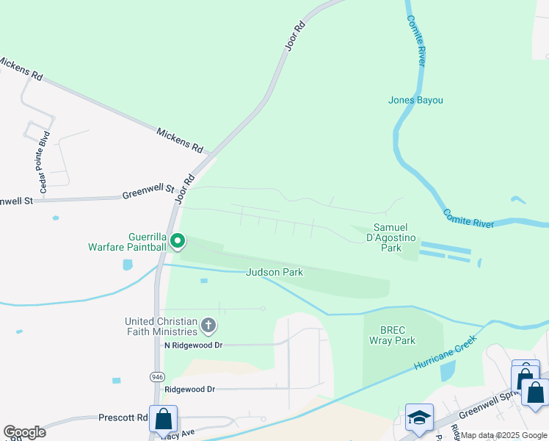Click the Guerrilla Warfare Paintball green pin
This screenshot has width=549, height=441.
[x=177, y=240]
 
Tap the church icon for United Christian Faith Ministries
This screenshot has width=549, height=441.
[x=208, y=325]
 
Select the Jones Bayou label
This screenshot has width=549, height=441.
[x=416, y=100]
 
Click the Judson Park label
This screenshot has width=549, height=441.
[x=274, y=272]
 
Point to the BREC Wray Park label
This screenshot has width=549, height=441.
[x=398, y=335]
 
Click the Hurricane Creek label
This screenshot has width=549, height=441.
[x=444, y=354]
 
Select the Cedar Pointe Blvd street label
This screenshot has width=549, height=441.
[x=45, y=162]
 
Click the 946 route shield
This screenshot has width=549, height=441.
[x=157, y=376]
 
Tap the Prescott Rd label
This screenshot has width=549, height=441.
[x=123, y=417]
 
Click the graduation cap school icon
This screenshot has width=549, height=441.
[x=419, y=417]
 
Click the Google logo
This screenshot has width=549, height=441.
[x=24, y=432]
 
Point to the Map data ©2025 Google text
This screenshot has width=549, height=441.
[x=503, y=435]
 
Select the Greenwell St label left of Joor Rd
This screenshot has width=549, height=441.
[x=142, y=195]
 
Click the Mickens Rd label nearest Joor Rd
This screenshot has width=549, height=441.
[x=179, y=139]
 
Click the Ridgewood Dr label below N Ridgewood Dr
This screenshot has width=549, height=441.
[x=189, y=389]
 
